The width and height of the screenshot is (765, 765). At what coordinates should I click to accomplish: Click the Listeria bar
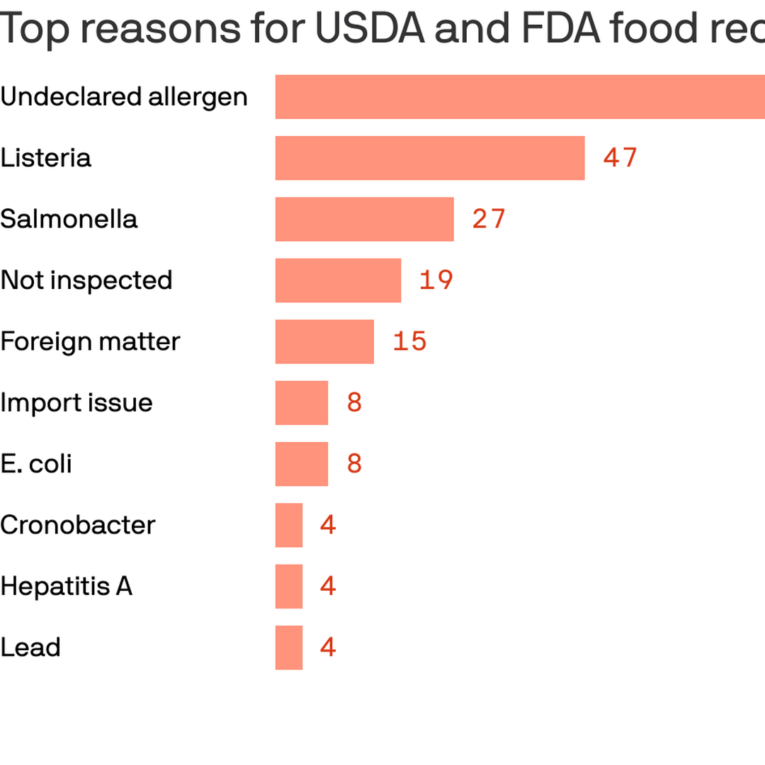pyautogui.click(x=430, y=158)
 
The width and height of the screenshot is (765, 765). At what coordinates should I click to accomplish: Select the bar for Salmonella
pyautogui.click(x=364, y=219)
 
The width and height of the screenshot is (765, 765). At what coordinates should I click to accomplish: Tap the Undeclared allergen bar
pyautogui.click(x=520, y=96)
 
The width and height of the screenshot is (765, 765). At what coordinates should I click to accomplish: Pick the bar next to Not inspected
pyautogui.click(x=338, y=280)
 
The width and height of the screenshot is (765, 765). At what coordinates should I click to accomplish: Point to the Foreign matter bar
pyautogui.click(x=324, y=341)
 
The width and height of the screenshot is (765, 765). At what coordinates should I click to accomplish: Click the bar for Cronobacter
pyautogui.click(x=289, y=525)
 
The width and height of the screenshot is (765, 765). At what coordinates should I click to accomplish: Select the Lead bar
pyautogui.click(x=289, y=647)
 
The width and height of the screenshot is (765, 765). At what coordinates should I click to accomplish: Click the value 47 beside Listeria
pyautogui.click(x=620, y=158)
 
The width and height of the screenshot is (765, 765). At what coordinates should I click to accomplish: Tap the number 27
pyautogui.click(x=489, y=219)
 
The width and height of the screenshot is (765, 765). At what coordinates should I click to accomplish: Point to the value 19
pyautogui.click(x=436, y=280)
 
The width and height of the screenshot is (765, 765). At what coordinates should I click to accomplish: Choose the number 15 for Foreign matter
pyautogui.click(x=409, y=341)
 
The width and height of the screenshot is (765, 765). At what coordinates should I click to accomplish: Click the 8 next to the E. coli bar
pyautogui.click(x=354, y=464)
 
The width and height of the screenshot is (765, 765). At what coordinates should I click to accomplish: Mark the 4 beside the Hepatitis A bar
pyautogui.click(x=327, y=586)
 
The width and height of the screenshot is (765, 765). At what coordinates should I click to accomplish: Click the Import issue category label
pyautogui.click(x=76, y=402)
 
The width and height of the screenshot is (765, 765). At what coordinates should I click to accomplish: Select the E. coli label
pyautogui.click(x=36, y=464)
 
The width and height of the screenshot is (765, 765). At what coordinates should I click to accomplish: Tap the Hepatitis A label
pyautogui.click(x=66, y=586)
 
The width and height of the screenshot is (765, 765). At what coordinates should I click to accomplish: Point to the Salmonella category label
pyautogui.click(x=69, y=219)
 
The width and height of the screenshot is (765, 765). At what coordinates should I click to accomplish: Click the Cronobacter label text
pyautogui.click(x=78, y=525)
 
